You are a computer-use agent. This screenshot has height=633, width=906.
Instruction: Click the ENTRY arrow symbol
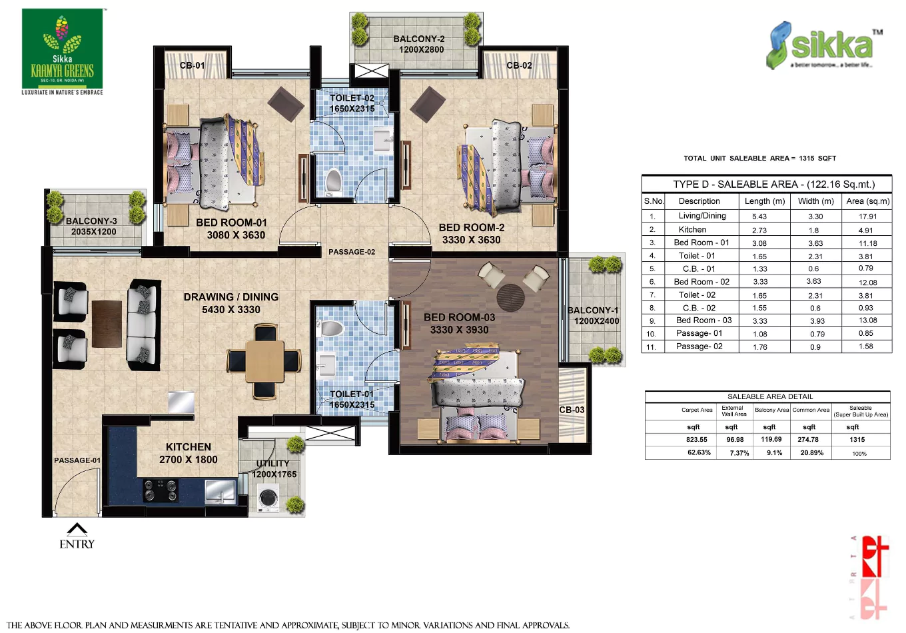tap(77, 530)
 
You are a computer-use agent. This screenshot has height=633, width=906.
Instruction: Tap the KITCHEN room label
tap(189, 447)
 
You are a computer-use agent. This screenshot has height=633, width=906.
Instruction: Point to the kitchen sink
tap(219, 491)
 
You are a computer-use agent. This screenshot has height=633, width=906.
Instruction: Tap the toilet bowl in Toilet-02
tap(333, 181)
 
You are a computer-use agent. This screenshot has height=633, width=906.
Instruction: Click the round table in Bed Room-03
tap(511, 297)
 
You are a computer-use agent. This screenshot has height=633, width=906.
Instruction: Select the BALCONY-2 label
tap(419, 39)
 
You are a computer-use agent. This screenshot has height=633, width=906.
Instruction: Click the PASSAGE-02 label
tap(352, 252)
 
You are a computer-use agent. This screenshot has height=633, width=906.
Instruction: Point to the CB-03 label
tap(572, 410)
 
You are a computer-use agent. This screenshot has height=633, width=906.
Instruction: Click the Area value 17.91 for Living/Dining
tap(867, 217)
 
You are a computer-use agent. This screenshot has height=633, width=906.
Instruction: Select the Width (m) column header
tap(815, 201)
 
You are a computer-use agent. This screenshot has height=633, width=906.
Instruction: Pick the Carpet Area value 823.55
tap(697, 440)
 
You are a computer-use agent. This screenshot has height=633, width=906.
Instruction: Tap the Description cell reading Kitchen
tap(693, 230)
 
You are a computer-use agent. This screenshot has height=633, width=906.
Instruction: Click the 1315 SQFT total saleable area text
tap(817, 159)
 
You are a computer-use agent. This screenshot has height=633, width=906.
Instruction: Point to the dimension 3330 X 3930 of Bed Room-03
tap(459, 330)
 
